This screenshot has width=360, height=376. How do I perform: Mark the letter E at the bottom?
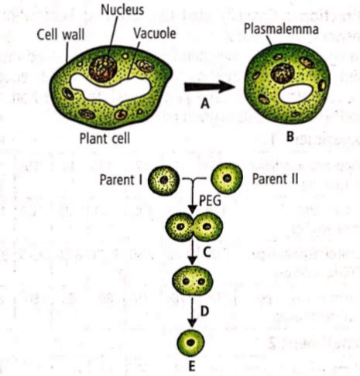point(190,366)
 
